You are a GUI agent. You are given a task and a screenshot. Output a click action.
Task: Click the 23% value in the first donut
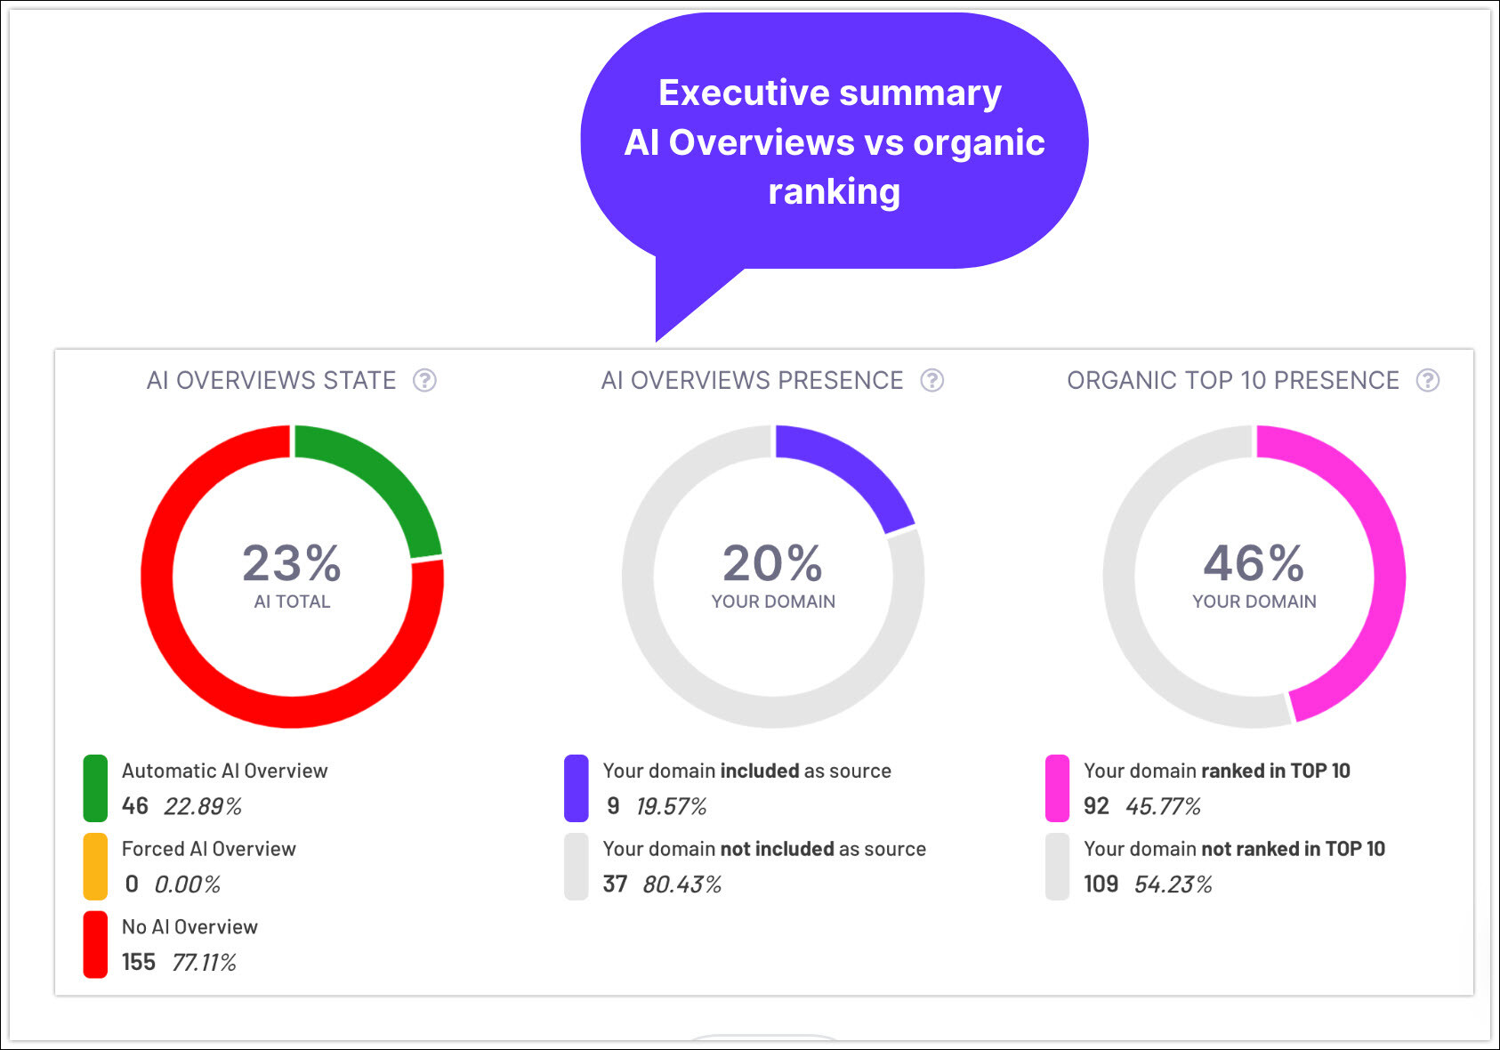(x=292, y=563)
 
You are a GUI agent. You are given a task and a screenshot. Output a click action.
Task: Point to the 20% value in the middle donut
(x=772, y=563)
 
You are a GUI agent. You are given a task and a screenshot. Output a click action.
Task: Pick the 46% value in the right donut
(x=1254, y=563)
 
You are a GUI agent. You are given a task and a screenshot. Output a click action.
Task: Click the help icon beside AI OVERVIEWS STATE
(x=424, y=381)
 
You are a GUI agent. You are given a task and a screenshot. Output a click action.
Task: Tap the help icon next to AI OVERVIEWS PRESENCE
(x=931, y=381)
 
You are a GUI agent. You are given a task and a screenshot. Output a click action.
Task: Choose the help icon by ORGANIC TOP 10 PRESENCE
(x=1427, y=381)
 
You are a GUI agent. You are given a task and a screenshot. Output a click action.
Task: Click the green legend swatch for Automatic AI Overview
(x=95, y=788)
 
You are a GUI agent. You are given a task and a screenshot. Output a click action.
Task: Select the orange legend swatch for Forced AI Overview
(x=95, y=867)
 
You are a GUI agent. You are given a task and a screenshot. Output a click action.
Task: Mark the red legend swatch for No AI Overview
(x=95, y=944)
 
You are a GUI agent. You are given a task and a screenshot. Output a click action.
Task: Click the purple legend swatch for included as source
(x=577, y=788)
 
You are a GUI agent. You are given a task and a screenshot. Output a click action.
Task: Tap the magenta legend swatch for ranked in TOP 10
(x=1057, y=788)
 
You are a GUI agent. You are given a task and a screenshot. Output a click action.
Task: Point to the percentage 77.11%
(x=204, y=963)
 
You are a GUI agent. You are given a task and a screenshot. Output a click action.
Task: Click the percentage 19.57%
(x=671, y=807)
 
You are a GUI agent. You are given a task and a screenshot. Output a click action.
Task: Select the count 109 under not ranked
(x=1101, y=884)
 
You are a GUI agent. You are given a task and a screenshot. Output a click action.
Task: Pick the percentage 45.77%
(x=1163, y=807)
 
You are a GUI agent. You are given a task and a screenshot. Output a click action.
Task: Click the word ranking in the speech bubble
(x=834, y=192)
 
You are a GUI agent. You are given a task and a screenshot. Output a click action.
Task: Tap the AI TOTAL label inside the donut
(x=292, y=602)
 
